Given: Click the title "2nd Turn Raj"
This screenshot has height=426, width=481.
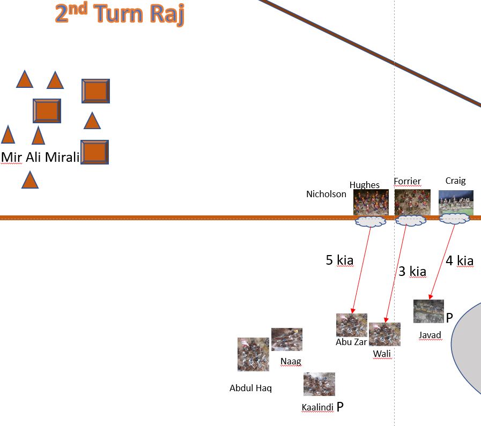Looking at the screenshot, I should point(119,14).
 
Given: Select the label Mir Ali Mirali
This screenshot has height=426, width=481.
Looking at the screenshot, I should point(40,157).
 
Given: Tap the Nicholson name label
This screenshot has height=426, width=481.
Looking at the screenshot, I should point(326,194).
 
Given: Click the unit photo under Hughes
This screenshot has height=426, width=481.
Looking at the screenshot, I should point(371,202).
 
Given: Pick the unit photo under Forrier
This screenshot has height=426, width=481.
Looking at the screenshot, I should point(412,202).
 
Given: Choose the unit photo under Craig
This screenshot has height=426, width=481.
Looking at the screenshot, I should point(456,203).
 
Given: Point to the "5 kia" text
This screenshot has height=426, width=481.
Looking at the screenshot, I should point(339,260).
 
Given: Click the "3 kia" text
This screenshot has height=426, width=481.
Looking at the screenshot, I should point(412,271).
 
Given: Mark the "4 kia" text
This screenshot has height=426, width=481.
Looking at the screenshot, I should point(460,261).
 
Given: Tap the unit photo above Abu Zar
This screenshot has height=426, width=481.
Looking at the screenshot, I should point(352,325).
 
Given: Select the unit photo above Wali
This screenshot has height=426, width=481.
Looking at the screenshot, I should point(384,334).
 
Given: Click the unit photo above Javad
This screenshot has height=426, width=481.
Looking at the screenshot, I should point(428,311).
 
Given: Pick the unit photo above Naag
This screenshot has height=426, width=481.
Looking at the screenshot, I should point(286,339).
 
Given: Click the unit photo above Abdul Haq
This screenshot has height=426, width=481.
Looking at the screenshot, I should point(253,354).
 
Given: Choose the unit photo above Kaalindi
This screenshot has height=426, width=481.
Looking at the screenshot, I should point(319,384).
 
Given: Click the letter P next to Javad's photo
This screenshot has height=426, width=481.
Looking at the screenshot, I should point(449,318).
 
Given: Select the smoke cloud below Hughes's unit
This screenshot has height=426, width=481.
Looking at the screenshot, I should point(370,221).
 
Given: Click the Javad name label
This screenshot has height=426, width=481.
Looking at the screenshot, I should point(430,335).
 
